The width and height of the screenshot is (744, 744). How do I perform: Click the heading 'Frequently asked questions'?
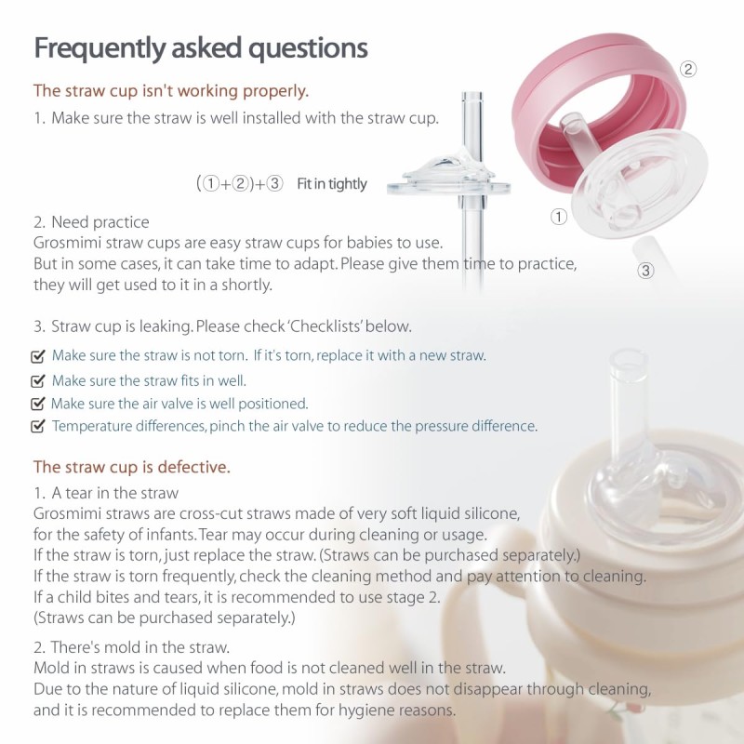[200, 48]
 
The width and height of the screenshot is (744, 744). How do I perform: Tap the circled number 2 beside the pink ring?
[688, 69]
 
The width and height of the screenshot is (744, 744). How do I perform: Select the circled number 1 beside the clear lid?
[559, 217]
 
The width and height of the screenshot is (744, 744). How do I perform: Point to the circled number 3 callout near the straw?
[646, 271]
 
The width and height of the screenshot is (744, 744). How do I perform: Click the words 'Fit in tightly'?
[332, 184]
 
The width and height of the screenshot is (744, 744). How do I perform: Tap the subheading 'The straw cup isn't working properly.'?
[171, 91]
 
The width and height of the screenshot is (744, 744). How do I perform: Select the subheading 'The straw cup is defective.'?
[131, 466]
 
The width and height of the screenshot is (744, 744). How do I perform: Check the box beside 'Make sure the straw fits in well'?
[38, 380]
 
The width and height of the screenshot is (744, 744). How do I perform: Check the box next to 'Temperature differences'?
[38, 427]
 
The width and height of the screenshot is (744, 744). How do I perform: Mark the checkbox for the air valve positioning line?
[38, 404]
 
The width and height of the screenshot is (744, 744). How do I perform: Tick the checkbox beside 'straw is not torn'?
[38, 356]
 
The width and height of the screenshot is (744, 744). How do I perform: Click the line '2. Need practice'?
[90, 222]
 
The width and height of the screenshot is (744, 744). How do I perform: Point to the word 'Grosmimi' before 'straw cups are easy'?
[65, 244]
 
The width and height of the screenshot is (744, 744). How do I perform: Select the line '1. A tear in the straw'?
[106, 493]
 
